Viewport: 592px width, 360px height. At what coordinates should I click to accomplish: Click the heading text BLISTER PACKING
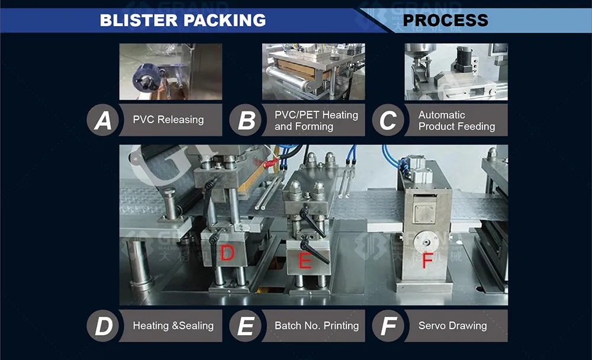[182, 20]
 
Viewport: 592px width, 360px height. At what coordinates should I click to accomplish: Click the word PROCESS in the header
[446, 20]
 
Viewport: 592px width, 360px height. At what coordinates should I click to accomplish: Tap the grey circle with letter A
[103, 121]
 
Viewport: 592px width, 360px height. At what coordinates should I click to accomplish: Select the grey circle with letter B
[246, 121]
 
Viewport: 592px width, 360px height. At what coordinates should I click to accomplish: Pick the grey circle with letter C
[388, 121]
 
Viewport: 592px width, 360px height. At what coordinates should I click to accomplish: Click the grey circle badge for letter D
[103, 326]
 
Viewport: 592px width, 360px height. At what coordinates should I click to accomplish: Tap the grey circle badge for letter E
[246, 326]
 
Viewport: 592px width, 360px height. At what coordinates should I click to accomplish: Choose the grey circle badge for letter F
[388, 326]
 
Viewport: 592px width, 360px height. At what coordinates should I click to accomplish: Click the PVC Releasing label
[168, 120]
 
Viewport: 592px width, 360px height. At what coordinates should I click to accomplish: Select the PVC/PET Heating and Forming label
[316, 120]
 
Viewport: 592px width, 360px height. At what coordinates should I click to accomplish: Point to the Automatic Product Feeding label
[456, 120]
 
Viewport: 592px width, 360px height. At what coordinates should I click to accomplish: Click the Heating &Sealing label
[173, 326]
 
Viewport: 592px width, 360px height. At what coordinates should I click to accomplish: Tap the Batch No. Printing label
[316, 326]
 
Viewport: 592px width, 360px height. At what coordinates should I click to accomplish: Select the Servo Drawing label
[452, 326]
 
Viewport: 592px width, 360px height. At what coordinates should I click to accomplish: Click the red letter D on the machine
[227, 254]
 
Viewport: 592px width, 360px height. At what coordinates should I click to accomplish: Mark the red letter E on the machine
[304, 261]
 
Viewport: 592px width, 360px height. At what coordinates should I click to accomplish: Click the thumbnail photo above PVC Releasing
[170, 72]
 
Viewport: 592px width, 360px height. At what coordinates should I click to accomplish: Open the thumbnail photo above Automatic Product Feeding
[456, 72]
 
